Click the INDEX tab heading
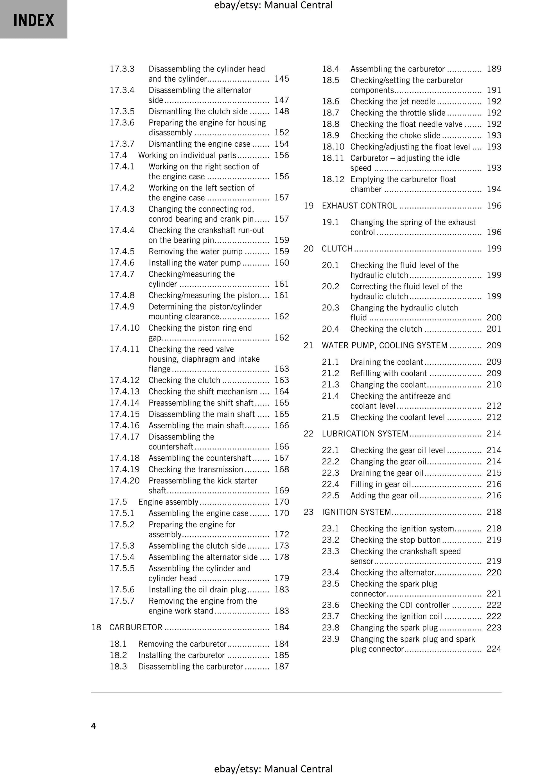[x=33, y=20]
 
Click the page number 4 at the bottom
[x=93, y=726]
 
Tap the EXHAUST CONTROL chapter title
[x=359, y=205]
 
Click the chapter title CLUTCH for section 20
[x=337, y=248]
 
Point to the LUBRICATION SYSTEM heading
[x=365, y=433]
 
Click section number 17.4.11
[x=125, y=349]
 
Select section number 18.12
[x=333, y=179]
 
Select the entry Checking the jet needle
[x=393, y=101]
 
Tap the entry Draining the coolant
[x=386, y=362]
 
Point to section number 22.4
[x=330, y=484]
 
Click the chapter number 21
[x=308, y=345]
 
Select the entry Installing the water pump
[x=195, y=263]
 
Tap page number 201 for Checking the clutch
[x=494, y=329]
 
